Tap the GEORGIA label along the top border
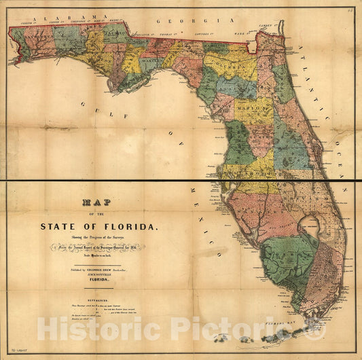[x=178, y=21]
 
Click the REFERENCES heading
[x=60, y=297]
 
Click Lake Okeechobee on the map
[x=312, y=228]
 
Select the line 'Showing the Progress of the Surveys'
[x=99, y=236]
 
